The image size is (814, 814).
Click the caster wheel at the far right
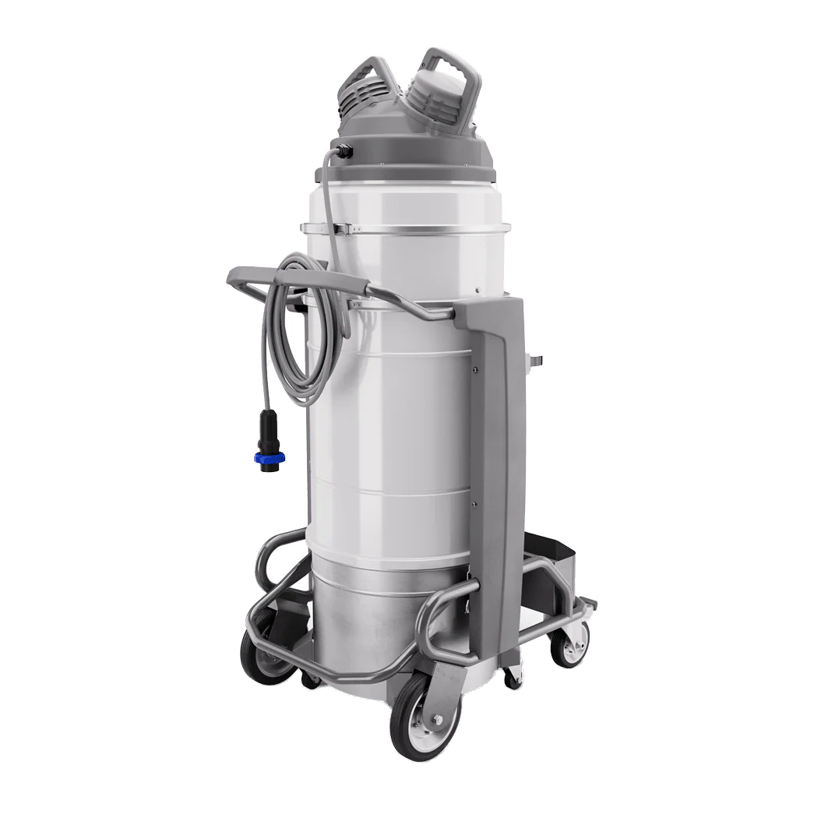pyautogui.click(x=568, y=643)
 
